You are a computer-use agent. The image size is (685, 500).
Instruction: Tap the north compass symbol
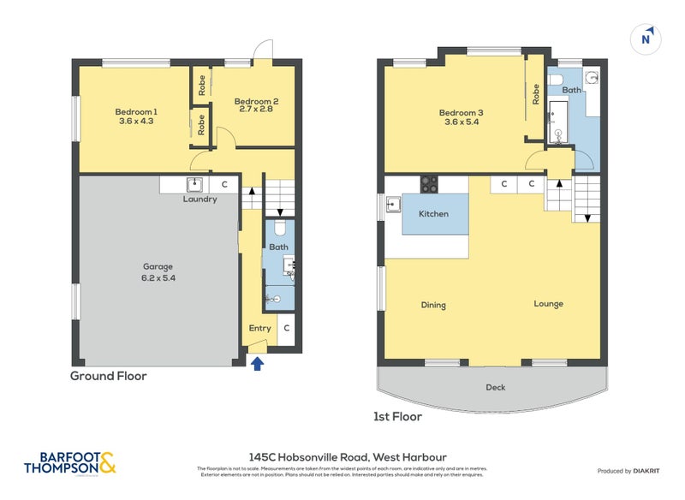(647, 39)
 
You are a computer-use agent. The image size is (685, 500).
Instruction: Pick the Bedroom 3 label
(461, 117)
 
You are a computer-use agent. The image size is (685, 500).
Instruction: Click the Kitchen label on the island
(433, 214)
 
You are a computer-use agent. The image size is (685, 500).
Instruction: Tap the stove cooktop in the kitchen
(429, 183)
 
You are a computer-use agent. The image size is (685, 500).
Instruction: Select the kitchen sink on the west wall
(393, 204)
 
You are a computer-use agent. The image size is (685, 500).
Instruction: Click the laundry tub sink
(194, 183)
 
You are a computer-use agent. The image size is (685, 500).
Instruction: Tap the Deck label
(495, 387)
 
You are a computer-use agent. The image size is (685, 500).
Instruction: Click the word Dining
(433, 305)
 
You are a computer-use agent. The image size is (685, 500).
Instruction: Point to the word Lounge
(548, 304)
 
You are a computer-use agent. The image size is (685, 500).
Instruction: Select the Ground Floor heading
(108, 376)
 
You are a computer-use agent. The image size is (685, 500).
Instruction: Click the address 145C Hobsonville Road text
(342, 457)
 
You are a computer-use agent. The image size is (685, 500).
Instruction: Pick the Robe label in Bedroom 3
(536, 93)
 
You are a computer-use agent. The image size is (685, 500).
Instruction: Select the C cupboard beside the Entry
(286, 328)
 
